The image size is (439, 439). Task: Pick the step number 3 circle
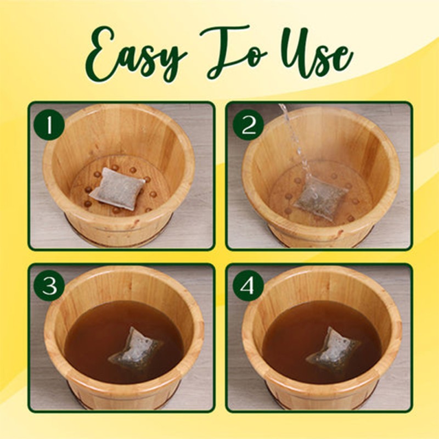pyautogui.click(x=49, y=286)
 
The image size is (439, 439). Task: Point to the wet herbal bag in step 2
pyautogui.click(x=320, y=198)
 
